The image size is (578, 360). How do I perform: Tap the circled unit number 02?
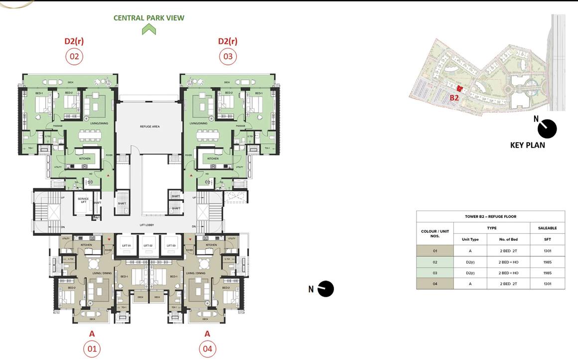coord(74,56)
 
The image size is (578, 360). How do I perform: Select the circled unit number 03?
coord(228,56)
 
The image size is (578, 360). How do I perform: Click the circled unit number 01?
coord(92,349)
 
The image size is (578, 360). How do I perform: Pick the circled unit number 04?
coord(207,349)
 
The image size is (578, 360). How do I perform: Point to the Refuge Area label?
coord(149,127)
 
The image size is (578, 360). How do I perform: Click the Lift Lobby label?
coord(146,225)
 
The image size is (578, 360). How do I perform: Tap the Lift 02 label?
coord(148,246)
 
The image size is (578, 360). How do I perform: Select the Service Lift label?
coord(83,200)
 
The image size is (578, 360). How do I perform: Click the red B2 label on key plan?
coord(454,98)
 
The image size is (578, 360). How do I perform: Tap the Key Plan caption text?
coord(528,145)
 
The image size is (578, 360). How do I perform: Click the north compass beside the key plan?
coord(547,129)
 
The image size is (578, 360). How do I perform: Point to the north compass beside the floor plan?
coord(325,289)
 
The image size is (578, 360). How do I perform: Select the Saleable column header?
coord(547,228)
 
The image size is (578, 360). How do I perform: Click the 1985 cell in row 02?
coord(547,262)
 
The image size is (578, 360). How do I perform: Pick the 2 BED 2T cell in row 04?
coord(508,284)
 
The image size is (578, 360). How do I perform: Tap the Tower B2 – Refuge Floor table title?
coord(490,216)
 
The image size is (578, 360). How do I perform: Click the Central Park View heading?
coord(149,18)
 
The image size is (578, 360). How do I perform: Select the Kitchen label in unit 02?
coord(85,159)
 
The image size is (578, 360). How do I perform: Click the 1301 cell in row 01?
coord(547,251)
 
